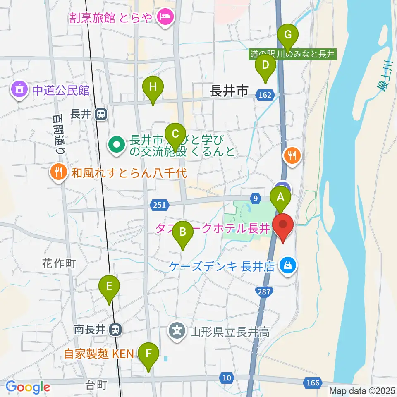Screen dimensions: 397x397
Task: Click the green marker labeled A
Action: click(280, 197)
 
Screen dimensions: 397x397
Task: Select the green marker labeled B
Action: click(182, 232)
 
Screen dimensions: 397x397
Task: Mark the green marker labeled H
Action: click(153, 87)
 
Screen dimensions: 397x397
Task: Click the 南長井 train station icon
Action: click(116, 330)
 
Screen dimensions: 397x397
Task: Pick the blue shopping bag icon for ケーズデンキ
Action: click(287, 265)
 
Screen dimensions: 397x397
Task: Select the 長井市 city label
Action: click(229, 91)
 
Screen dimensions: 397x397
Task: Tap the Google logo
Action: click(28, 387)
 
